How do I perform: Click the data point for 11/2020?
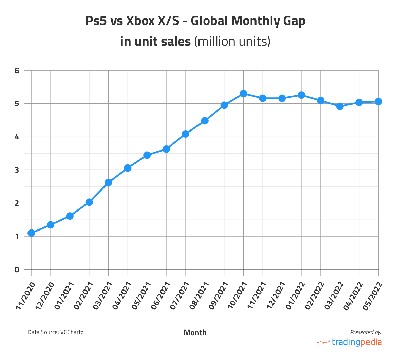click(x=31, y=233)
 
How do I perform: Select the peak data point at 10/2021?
click(x=243, y=93)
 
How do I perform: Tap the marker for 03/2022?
click(x=340, y=106)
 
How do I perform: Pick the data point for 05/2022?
click(x=378, y=101)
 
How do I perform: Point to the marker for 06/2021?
click(x=166, y=149)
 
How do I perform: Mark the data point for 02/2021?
click(x=89, y=202)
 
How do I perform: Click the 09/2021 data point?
click(x=224, y=105)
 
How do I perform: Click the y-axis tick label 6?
click(x=17, y=71)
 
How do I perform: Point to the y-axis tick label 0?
click(x=17, y=270)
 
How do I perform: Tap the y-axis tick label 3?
click(x=17, y=170)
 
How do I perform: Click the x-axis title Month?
click(x=195, y=333)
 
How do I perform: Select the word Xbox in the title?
click(x=139, y=21)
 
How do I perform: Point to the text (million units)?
click(x=232, y=41)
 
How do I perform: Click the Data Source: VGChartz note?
click(x=55, y=332)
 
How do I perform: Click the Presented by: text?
click(x=365, y=332)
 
